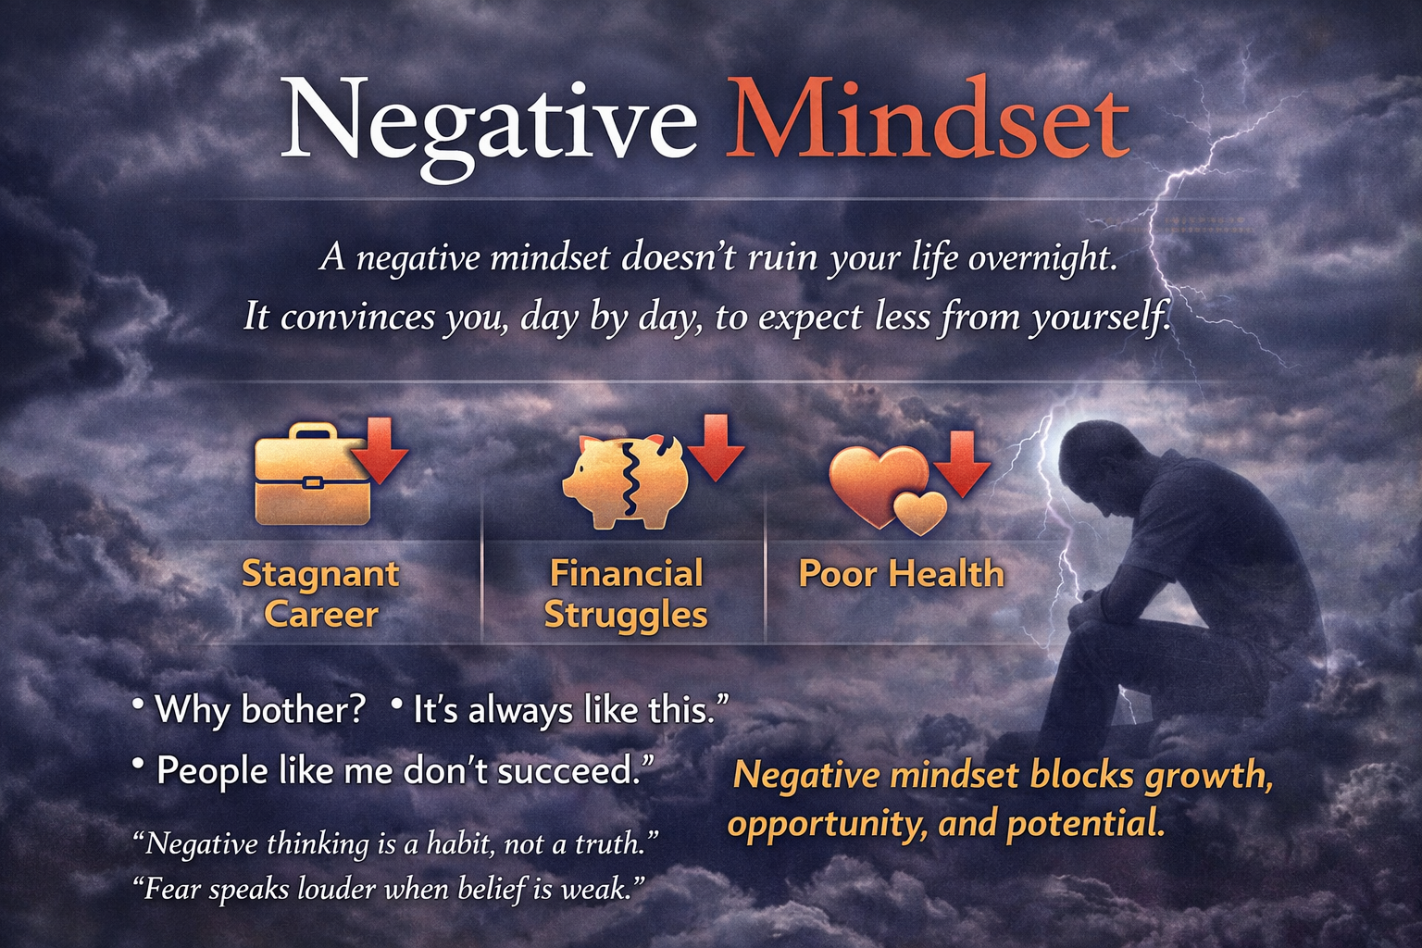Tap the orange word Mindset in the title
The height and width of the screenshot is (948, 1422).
928,118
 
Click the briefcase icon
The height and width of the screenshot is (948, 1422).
312,474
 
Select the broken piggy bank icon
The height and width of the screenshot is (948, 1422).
623,482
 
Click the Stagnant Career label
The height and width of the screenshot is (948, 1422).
320,593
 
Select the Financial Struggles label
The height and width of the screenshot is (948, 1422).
626,593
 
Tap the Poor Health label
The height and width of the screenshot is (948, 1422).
902,573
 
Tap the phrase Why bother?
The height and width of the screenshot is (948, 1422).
259,709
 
